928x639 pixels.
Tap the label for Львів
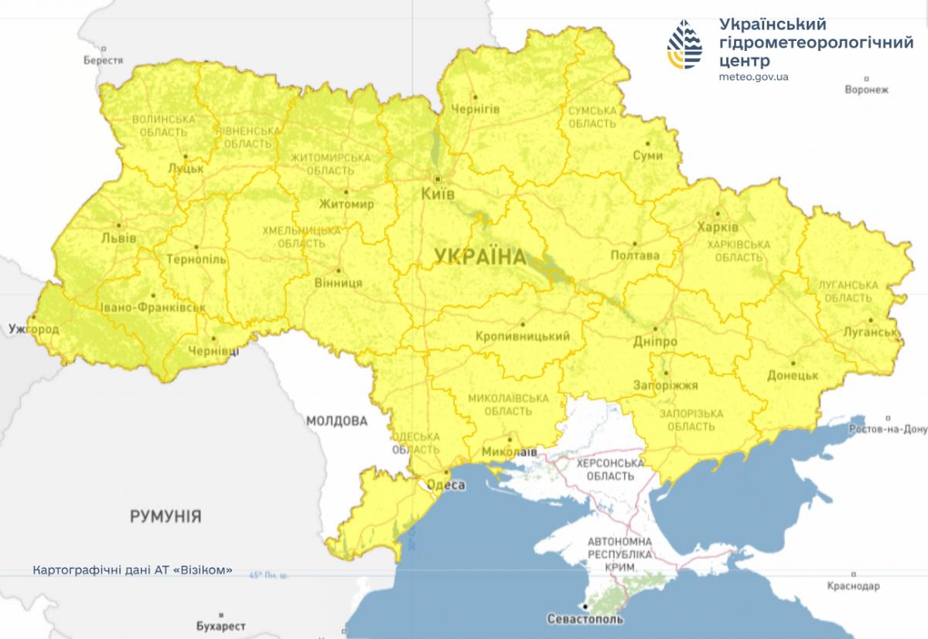(x=118, y=239)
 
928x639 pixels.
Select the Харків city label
(x=717, y=228)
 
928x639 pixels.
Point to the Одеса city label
(x=446, y=485)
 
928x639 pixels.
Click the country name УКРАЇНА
(x=479, y=256)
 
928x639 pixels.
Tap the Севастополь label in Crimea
(x=585, y=619)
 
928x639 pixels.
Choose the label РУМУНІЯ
(x=165, y=515)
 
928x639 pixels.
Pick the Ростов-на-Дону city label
(x=887, y=429)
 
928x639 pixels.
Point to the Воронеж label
(x=866, y=90)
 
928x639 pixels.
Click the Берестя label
(x=104, y=60)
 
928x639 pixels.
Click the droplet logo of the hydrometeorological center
(x=687, y=45)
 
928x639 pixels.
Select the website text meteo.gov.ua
(x=753, y=76)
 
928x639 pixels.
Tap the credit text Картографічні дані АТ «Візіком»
(x=133, y=570)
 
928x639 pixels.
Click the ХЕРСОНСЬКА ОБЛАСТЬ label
(x=611, y=470)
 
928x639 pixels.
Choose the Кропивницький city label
(x=523, y=336)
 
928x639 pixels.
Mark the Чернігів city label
(x=475, y=109)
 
